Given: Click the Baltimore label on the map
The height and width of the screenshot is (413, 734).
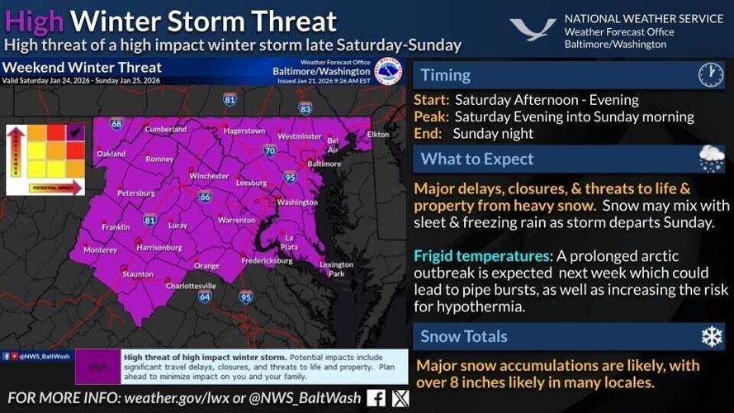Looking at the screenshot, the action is [324, 164].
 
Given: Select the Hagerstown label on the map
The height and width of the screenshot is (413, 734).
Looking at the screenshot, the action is [244, 131].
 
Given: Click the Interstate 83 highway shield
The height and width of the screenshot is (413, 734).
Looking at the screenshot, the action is [305, 107].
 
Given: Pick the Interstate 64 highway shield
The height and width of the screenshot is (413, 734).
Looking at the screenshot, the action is [205, 296].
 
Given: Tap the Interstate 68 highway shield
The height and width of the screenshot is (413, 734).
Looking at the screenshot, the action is [116, 124].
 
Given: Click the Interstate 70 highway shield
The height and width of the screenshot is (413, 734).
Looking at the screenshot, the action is [269, 150].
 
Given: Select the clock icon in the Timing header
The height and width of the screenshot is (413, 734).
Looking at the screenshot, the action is [710, 75].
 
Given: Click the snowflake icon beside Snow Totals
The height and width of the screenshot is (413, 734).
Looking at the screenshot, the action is [711, 336].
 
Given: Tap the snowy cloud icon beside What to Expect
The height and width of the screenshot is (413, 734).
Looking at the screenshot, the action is [711, 158].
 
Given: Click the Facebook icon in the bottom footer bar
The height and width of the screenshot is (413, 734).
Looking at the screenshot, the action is [376, 398].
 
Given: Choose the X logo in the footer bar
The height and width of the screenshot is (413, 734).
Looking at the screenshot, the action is [400, 398].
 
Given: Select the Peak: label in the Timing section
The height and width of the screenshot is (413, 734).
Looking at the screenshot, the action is [431, 116].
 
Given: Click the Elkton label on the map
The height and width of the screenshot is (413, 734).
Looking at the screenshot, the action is [378, 134].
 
